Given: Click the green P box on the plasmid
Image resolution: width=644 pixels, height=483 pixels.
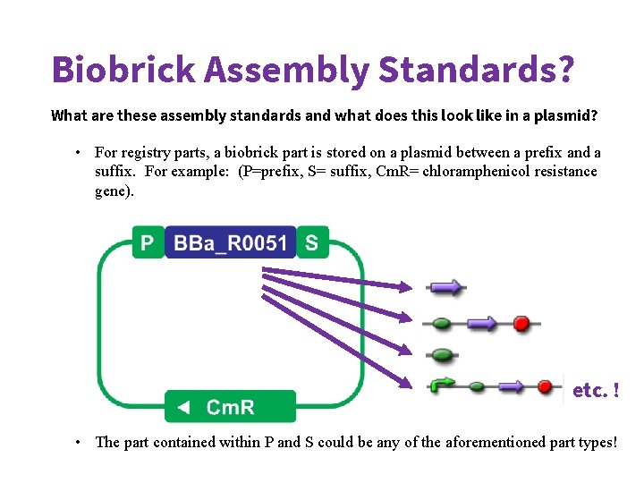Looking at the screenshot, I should pos(148,242).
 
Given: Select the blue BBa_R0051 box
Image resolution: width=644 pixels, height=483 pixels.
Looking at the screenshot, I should pos(230,242).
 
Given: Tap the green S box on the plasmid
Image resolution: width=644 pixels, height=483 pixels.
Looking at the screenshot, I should pos(311,242).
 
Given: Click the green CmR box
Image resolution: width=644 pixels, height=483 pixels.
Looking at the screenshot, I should pos(230,407).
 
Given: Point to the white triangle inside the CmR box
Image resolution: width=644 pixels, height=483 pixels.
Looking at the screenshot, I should pos(182,408).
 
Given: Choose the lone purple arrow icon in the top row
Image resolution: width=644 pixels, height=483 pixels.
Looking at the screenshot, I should pos(446,288).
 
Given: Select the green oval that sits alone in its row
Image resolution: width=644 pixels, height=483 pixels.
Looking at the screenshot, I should pos(441,354).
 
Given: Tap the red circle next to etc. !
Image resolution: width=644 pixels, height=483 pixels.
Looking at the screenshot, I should pos(545,386).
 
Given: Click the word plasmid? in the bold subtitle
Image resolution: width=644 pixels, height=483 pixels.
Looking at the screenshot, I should pos(566,115).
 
